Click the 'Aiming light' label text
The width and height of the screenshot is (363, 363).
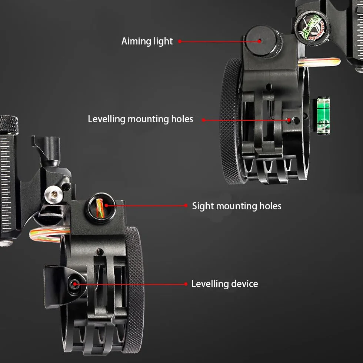(x=147, y=41)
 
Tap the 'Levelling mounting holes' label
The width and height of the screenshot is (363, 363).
(x=140, y=119)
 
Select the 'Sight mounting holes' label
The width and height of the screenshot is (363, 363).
(x=237, y=206)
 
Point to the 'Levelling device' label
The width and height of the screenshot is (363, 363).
(x=224, y=284)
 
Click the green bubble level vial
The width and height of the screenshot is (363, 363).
(x=323, y=116)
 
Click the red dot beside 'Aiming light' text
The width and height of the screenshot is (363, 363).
(x=180, y=41)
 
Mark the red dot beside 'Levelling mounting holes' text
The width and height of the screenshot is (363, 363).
(x=203, y=120)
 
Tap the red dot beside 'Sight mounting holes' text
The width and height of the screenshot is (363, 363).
(x=186, y=205)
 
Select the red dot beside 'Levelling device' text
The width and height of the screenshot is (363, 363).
(x=186, y=284)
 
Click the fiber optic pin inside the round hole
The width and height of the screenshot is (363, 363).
(x=100, y=208)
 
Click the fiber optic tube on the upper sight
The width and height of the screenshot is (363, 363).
(x=319, y=62)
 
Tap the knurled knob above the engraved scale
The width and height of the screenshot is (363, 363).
(x=9, y=124)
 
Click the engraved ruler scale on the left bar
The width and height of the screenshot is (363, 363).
(x=6, y=184)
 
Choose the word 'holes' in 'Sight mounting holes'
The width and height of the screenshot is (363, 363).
(x=270, y=206)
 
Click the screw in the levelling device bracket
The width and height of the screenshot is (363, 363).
(x=74, y=284)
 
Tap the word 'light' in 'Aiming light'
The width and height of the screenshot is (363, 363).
(x=163, y=41)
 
